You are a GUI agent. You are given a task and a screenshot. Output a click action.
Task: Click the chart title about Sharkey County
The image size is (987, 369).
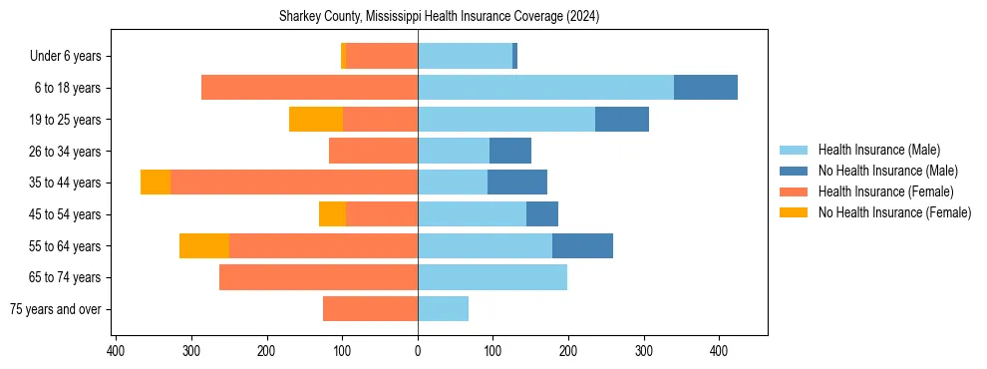[x=439, y=17]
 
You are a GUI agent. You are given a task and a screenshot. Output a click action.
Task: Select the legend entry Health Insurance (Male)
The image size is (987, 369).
[x=878, y=150]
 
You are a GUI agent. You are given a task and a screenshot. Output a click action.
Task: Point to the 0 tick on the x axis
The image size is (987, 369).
[x=418, y=351]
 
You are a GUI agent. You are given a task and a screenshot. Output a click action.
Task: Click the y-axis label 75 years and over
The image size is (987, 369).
[x=55, y=309]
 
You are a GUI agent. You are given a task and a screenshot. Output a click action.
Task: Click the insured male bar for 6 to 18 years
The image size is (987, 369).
[x=545, y=88]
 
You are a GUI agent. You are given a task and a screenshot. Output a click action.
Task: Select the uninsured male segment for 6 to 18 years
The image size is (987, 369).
[x=706, y=88]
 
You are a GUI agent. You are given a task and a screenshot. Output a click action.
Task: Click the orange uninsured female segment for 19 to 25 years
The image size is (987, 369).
[x=316, y=120]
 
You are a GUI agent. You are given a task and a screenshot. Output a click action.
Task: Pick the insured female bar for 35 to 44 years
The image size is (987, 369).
[x=294, y=183]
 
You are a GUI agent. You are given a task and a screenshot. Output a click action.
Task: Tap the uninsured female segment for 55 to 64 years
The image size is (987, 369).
[x=204, y=245]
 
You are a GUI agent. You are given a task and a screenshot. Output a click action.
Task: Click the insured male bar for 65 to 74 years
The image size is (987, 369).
[x=493, y=277]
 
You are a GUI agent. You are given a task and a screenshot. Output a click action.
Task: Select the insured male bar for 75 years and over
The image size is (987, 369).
[x=443, y=309]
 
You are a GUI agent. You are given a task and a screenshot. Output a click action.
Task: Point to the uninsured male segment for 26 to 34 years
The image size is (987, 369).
[x=510, y=151]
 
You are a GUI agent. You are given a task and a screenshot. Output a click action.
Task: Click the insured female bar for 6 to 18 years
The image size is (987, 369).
[x=310, y=88]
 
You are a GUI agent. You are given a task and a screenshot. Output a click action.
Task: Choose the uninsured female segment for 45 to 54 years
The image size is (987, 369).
[x=332, y=214]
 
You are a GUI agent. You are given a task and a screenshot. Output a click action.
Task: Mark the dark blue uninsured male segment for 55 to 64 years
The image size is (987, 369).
[x=582, y=245]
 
